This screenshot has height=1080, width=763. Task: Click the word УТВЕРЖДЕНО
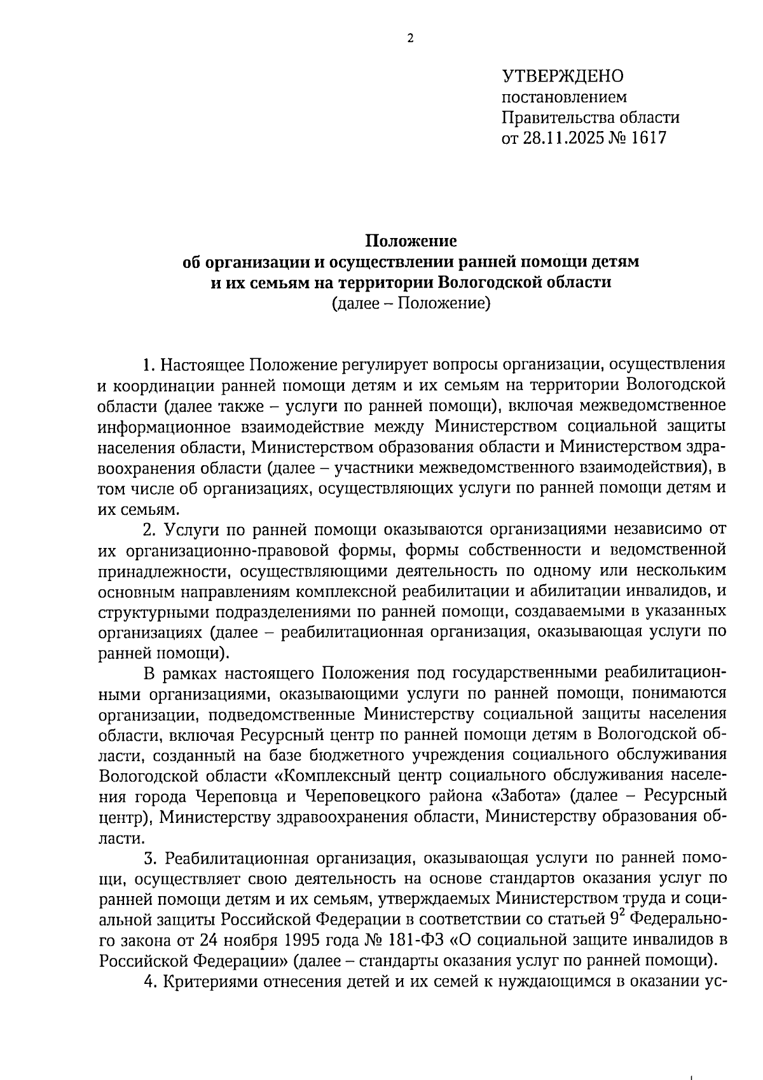(563, 76)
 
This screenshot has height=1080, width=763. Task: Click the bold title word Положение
(411, 241)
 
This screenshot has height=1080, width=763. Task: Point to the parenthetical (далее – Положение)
(411, 303)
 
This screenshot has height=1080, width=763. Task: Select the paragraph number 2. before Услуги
(150, 529)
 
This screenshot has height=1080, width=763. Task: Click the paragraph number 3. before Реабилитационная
(150, 859)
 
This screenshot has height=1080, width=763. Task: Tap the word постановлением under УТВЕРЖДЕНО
(565, 97)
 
